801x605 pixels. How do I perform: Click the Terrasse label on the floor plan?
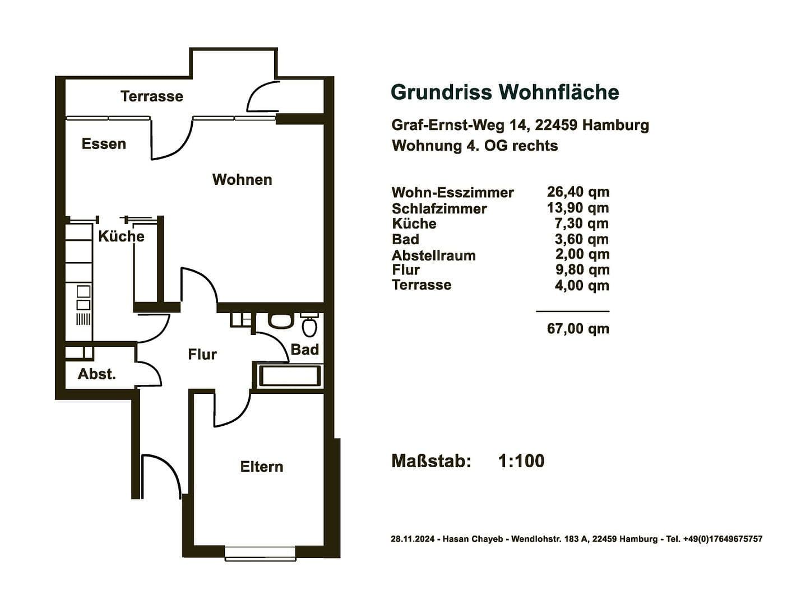click(x=151, y=96)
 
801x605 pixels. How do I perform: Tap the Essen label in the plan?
click(x=104, y=144)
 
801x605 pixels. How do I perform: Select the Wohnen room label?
click(x=242, y=180)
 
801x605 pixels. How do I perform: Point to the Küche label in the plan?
click(x=121, y=236)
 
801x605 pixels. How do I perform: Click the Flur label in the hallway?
click(x=202, y=355)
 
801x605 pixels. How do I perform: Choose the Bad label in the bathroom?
click(x=304, y=350)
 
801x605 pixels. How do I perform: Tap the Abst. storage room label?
click(x=96, y=374)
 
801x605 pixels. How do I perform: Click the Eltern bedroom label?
click(x=261, y=467)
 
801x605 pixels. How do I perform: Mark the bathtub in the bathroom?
click(x=290, y=376)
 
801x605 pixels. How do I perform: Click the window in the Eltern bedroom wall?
click(x=260, y=553)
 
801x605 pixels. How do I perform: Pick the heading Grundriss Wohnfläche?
click(x=504, y=92)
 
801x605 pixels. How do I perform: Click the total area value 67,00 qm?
click(x=578, y=328)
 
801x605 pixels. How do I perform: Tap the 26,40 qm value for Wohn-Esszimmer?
click(x=578, y=192)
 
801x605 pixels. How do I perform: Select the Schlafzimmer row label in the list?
click(x=439, y=208)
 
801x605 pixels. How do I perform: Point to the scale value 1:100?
click(x=521, y=461)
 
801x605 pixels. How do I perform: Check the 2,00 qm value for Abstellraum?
click(x=582, y=254)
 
